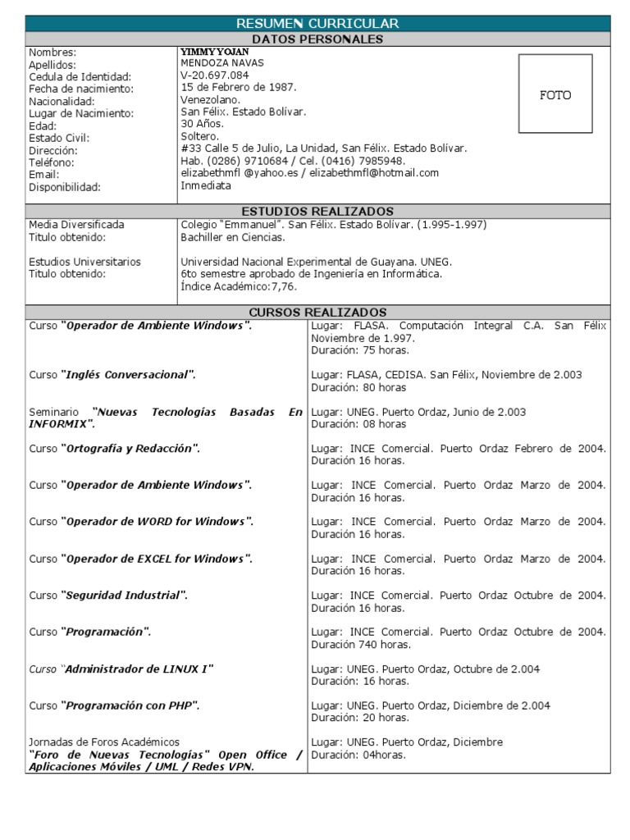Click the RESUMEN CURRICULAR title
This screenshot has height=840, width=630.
pyautogui.click(x=317, y=23)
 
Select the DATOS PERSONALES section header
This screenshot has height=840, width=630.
pyautogui.click(x=317, y=39)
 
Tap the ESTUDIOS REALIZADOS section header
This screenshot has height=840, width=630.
pyautogui.click(x=317, y=211)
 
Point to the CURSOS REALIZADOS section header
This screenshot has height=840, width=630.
pyautogui.click(x=317, y=313)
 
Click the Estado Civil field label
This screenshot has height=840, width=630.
pyautogui.click(x=59, y=138)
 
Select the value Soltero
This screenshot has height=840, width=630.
pyautogui.click(x=201, y=135)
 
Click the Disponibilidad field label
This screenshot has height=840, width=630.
pyautogui.click(x=64, y=187)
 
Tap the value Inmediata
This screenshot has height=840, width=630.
pyautogui.click(x=206, y=185)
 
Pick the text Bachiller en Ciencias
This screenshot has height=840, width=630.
pyautogui.click(x=233, y=237)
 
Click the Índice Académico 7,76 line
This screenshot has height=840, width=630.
pyautogui.click(x=239, y=286)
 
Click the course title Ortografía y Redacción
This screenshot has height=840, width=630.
pyautogui.click(x=130, y=449)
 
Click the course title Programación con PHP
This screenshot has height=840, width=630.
pyautogui.click(x=130, y=705)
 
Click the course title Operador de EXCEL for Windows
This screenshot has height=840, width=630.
pyautogui.click(x=157, y=559)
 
